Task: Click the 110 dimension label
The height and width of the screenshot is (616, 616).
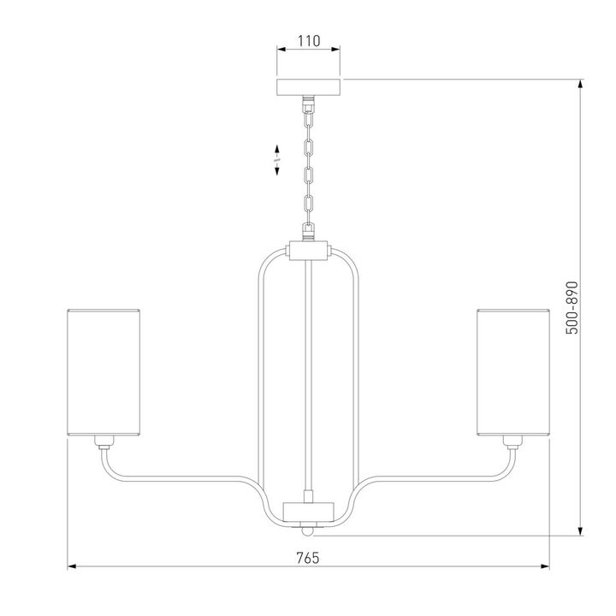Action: point(309,41)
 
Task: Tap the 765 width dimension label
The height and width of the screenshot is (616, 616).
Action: point(308,558)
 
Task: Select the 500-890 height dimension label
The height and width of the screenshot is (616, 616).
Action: point(572,308)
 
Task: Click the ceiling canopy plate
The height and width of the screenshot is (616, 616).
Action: point(308,87)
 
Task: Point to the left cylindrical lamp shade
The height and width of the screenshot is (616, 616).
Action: point(104,372)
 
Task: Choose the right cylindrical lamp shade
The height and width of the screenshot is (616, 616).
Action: point(513,372)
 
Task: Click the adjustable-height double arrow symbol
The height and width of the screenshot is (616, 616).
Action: point(276,160)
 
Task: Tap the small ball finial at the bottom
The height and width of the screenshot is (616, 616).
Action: point(308,530)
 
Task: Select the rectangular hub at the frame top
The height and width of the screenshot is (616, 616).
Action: point(308,250)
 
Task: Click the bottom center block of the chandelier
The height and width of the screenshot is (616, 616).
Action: point(308,512)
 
